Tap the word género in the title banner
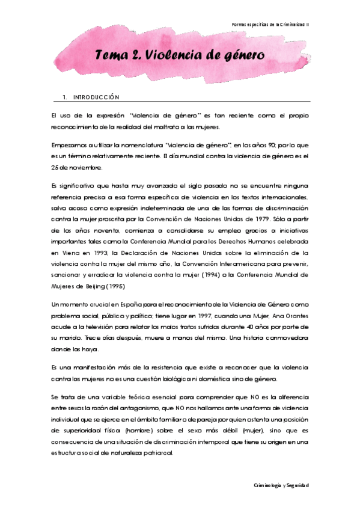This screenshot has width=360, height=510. point(233,56)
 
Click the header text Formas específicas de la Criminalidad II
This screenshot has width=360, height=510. point(279,24)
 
